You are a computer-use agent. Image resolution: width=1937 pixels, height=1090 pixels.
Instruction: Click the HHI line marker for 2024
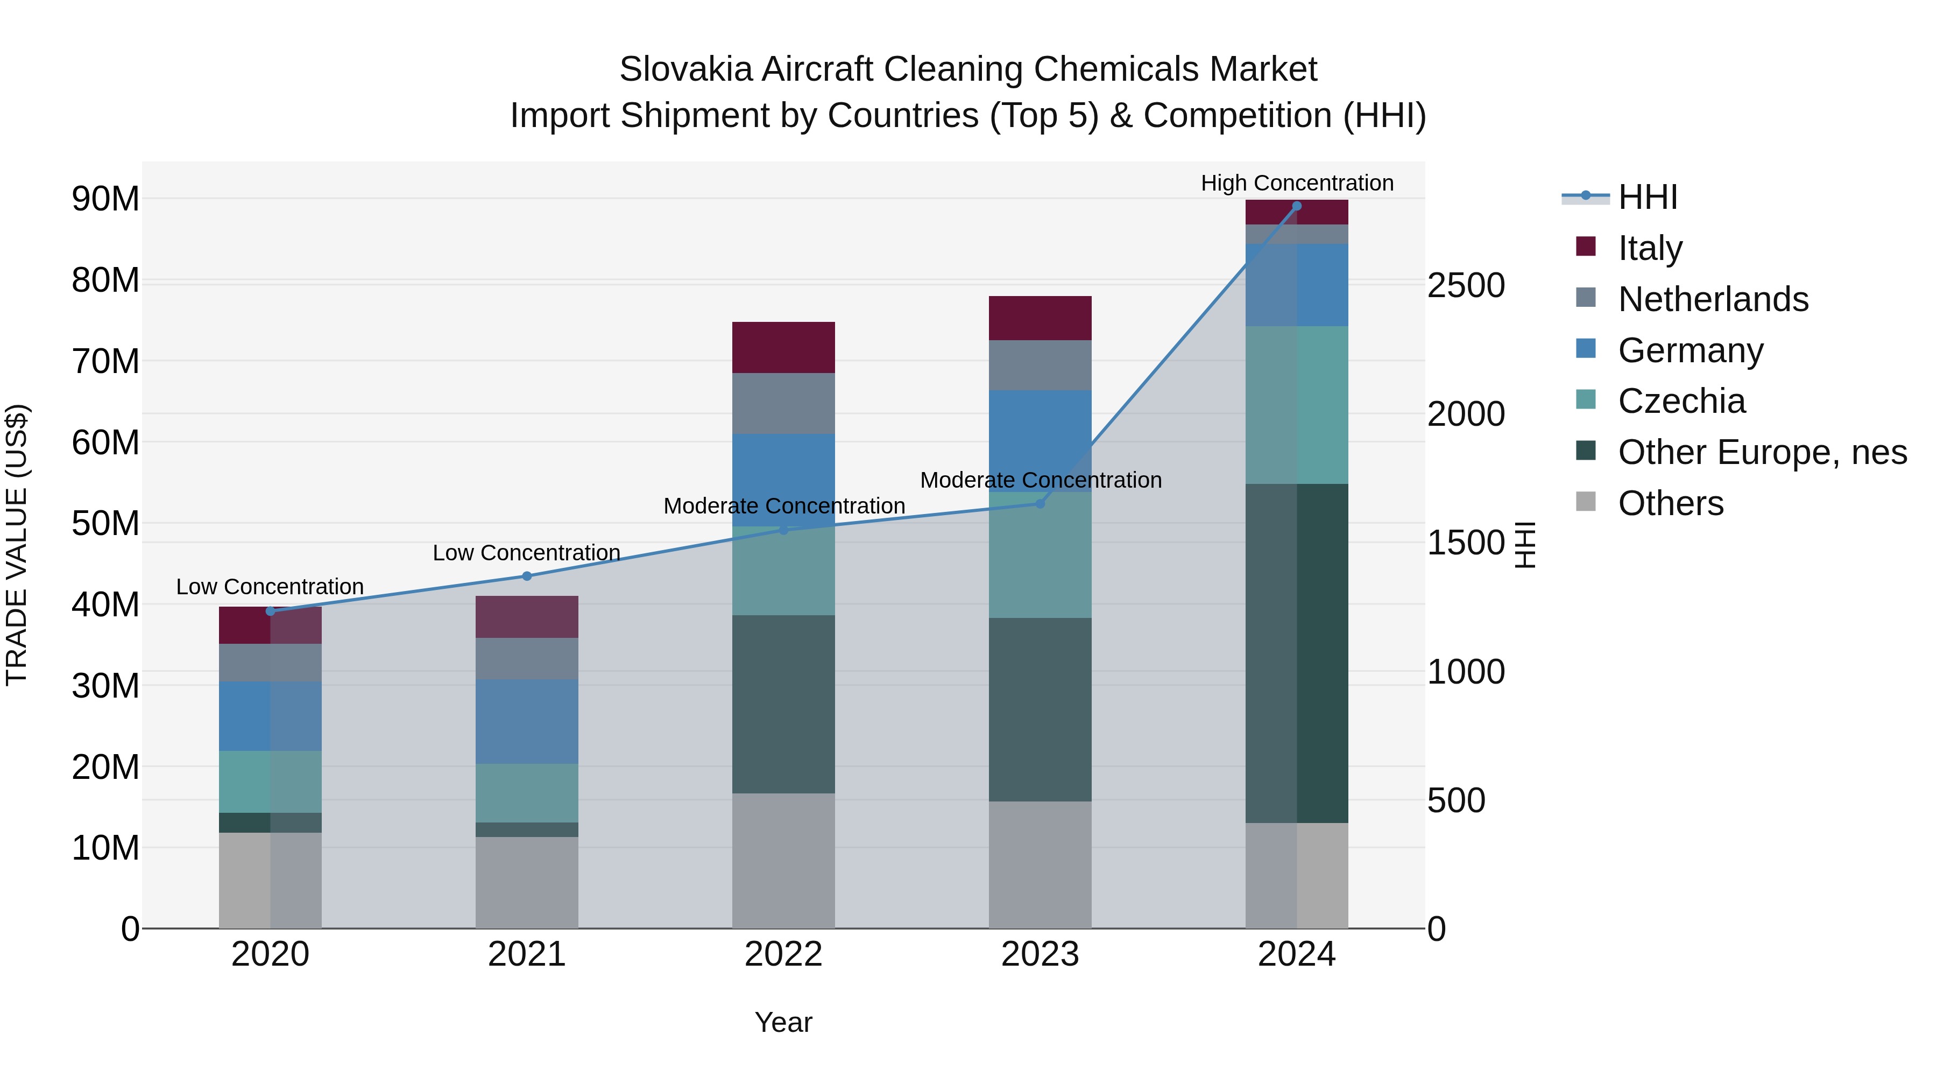click(1296, 206)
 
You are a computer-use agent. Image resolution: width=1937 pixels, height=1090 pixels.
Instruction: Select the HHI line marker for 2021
click(526, 576)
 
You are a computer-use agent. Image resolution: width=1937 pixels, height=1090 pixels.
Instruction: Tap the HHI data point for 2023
click(1040, 503)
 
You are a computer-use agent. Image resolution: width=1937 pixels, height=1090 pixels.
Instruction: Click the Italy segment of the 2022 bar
click(783, 348)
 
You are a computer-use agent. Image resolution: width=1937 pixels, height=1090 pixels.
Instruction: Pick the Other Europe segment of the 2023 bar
click(1040, 709)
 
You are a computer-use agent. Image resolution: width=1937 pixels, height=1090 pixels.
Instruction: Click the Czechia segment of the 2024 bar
click(1296, 405)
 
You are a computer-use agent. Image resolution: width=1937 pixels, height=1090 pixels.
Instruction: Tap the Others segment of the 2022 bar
click(783, 861)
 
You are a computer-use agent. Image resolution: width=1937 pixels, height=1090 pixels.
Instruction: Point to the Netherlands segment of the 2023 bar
click(1040, 365)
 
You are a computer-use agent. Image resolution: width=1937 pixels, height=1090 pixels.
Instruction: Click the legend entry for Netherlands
click(1712, 299)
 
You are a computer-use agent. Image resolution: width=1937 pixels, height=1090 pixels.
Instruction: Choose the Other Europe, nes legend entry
click(1761, 452)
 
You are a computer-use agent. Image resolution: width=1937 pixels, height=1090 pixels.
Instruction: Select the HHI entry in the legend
click(1647, 197)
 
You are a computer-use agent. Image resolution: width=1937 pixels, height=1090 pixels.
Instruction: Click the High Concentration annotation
click(1296, 183)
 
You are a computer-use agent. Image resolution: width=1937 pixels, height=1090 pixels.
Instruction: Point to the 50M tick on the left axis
click(105, 524)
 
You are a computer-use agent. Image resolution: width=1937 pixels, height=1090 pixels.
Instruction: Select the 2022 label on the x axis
click(783, 954)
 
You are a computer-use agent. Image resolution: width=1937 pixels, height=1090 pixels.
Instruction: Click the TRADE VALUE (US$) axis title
click(17, 545)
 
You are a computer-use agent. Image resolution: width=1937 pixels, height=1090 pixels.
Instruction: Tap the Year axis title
click(783, 1022)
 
